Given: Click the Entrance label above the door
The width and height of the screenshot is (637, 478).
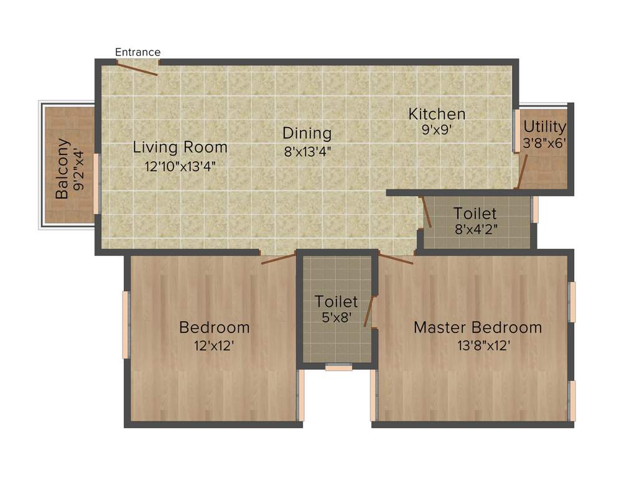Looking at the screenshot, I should point(137,52).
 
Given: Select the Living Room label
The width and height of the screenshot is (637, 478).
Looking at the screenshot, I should point(180,148).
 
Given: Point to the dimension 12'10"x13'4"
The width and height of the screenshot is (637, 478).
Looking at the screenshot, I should point(180,166).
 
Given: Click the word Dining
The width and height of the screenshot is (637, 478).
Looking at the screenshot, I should point(307,133).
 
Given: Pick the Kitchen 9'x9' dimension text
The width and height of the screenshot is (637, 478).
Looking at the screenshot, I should point(437,131).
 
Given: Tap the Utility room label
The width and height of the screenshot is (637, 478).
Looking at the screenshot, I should point(544,127).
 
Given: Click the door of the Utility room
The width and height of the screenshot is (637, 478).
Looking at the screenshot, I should point(523,171).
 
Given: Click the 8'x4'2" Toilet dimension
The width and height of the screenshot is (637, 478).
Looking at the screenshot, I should point(475,228).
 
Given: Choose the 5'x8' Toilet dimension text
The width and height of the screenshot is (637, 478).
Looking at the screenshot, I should point(336,317).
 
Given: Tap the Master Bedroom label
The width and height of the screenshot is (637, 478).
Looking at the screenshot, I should point(478,327).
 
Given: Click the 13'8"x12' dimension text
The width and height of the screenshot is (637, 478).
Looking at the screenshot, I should point(484,345).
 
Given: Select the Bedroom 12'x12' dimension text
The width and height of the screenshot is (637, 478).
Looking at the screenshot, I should point(214,345).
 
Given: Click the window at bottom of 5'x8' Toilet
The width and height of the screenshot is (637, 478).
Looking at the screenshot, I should point(338,368).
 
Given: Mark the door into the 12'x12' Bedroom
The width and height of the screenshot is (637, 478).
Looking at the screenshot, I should point(278,258).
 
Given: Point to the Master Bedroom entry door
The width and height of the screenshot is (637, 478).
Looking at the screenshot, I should point(396,259).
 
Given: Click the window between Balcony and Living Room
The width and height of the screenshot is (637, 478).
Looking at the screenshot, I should point(96,183).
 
